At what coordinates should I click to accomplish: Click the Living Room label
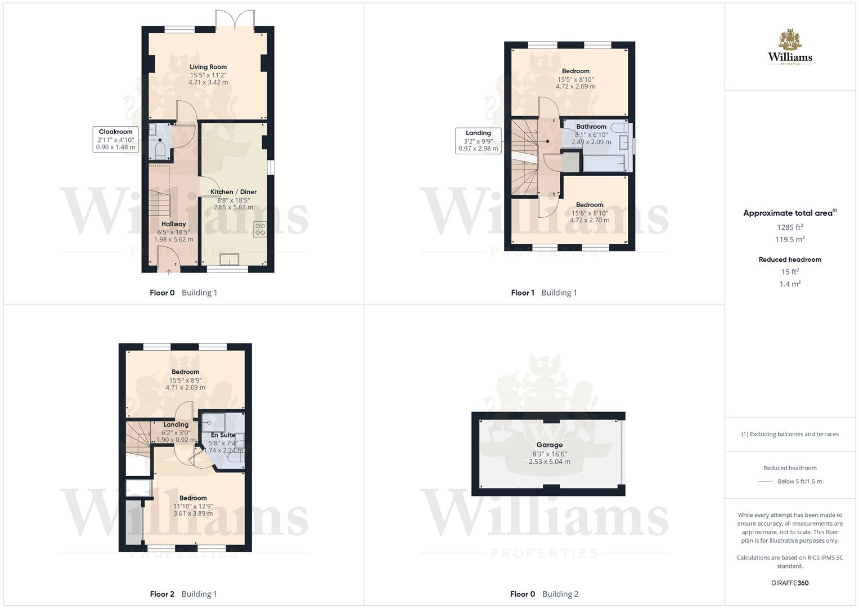pos(208,67)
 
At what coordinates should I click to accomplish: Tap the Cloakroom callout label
pos(115,132)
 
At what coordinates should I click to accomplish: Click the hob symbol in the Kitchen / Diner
pos(260,229)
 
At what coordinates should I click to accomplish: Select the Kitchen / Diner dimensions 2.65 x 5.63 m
pos(233,207)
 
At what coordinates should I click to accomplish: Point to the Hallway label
pos(173,224)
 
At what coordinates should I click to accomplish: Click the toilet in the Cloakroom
pos(159,150)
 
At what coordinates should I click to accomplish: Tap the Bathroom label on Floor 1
pos(591,127)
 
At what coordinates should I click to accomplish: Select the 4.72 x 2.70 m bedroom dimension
pos(590,220)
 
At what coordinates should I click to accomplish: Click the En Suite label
pos(223,435)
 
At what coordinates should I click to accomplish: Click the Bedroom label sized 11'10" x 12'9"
pos(193,498)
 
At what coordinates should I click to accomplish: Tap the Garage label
pos(549,445)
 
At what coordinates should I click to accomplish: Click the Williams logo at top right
pos(790,48)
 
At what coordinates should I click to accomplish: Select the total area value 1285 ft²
pos(790,227)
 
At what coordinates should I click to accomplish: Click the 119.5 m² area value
pos(790,239)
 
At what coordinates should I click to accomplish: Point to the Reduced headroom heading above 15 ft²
pos(790,260)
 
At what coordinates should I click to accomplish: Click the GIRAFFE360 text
pos(790,583)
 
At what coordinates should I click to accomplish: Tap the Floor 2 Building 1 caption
pos(183,594)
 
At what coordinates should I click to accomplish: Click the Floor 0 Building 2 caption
pos(544,594)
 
